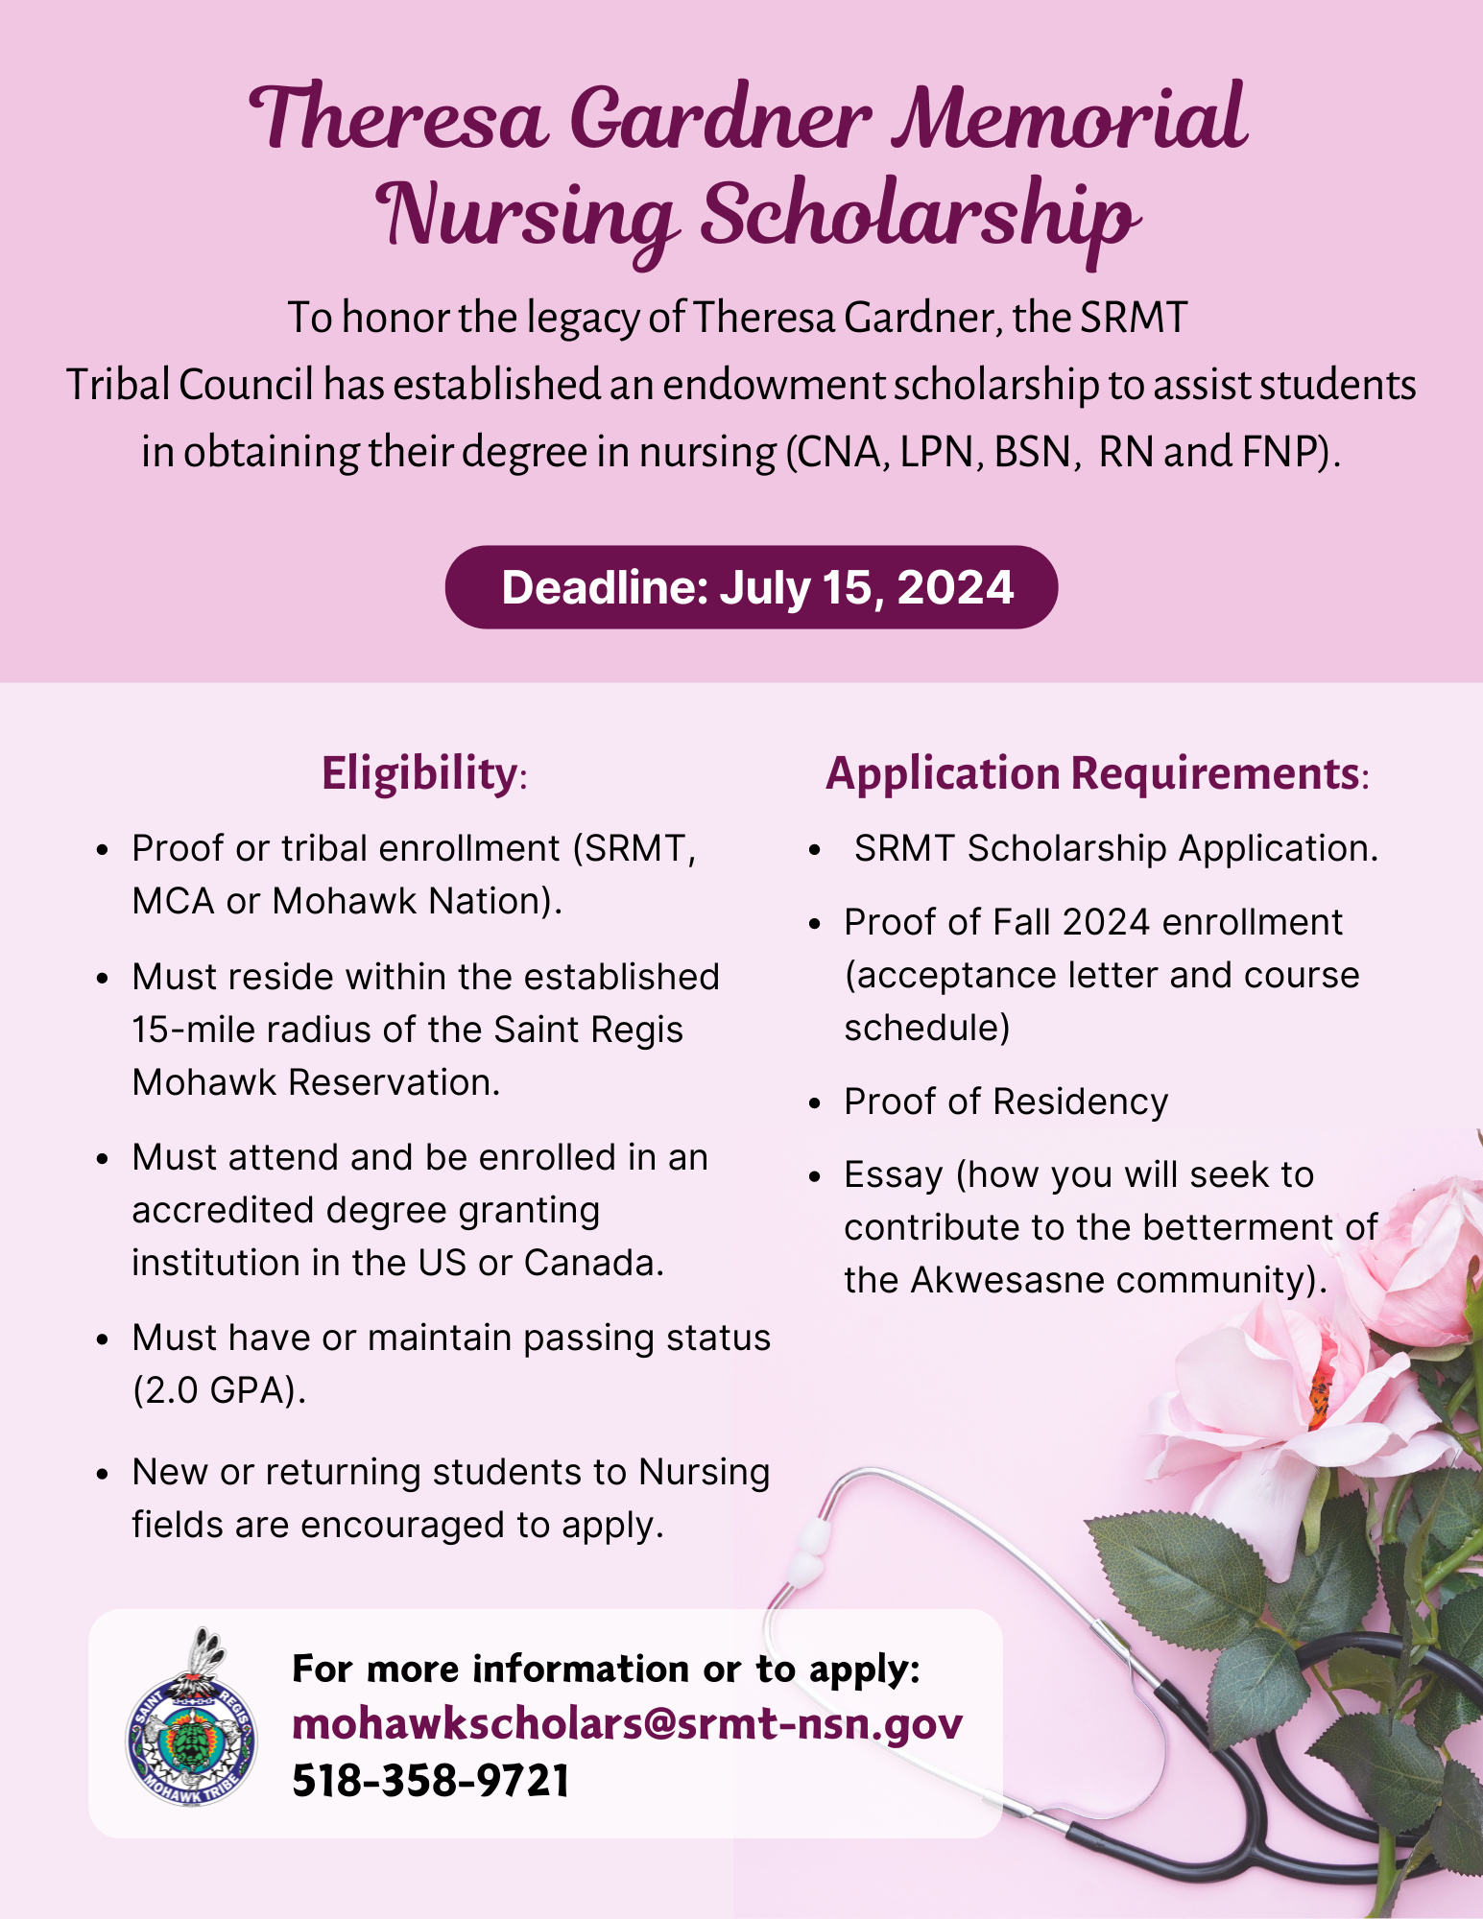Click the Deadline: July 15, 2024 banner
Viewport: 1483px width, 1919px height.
[x=752, y=587]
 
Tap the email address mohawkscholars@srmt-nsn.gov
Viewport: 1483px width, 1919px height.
[x=627, y=1724]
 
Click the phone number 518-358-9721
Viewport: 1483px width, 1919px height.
[x=431, y=1781]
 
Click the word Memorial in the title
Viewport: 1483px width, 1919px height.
[x=1069, y=120]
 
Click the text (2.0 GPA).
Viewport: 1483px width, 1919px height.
[x=219, y=1390]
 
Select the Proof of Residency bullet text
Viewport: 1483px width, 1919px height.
[x=1006, y=1102]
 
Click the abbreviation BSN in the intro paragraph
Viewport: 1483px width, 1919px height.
[x=1032, y=451]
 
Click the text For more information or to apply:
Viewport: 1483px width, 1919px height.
[x=607, y=1669]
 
